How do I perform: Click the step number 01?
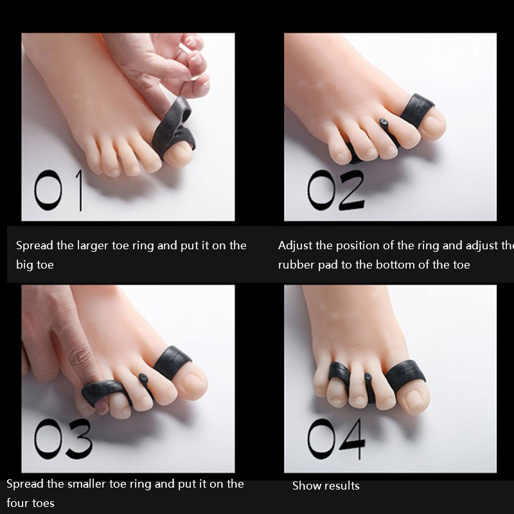point(58,190)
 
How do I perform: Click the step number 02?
point(335,190)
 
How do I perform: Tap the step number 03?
point(63,439)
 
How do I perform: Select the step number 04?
point(336,439)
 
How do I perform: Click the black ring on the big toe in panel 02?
point(416,110)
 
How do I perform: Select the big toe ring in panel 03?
point(172,362)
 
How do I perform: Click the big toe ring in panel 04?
point(405,375)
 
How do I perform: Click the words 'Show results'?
point(326,486)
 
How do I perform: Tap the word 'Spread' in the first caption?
point(35,246)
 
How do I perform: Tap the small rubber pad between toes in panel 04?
point(369,387)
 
